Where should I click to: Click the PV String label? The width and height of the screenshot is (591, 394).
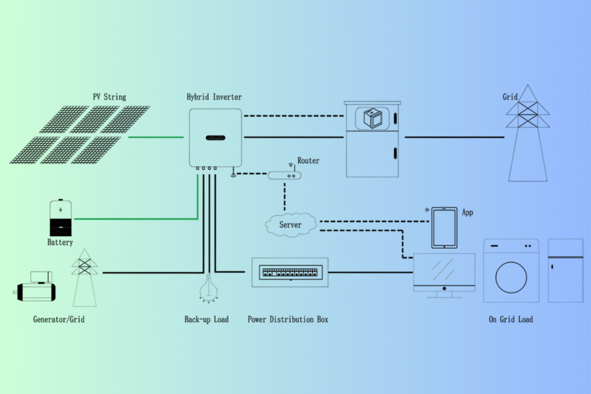pyautogui.click(x=110, y=96)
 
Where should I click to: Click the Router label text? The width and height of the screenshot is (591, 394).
pyautogui.click(x=308, y=160)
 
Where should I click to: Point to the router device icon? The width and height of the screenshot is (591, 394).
pyautogui.click(x=284, y=175)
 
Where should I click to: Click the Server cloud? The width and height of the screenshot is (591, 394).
pyautogui.click(x=290, y=224)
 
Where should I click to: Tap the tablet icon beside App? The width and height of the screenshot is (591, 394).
pyautogui.click(x=444, y=228)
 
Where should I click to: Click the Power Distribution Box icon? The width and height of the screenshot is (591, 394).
pyautogui.click(x=290, y=272)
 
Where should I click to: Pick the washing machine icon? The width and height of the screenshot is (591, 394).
pyautogui.click(x=511, y=271)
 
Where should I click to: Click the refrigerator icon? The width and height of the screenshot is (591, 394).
pyautogui.click(x=565, y=270)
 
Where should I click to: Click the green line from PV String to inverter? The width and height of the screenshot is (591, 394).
pyautogui.click(x=156, y=137)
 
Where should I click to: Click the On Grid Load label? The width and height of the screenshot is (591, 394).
pyautogui.click(x=511, y=319)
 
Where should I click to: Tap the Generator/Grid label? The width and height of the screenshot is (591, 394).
pyautogui.click(x=59, y=319)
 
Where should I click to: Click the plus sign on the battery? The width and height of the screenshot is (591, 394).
pyautogui.click(x=61, y=209)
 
